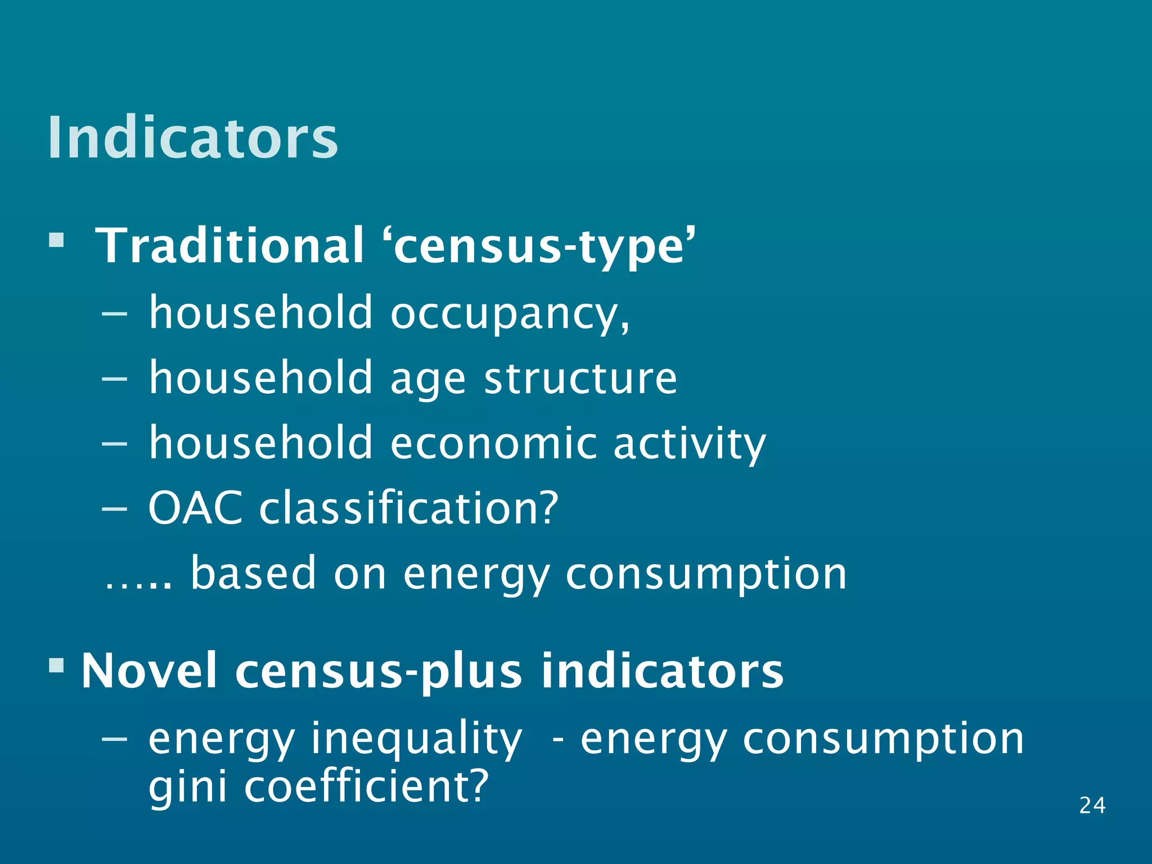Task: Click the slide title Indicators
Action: pos(192,138)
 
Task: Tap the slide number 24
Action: pos(1092,805)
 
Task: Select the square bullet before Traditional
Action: pos(56,241)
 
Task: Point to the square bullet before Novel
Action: pos(56,666)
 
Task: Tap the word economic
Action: pos(493,443)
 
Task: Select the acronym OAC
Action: pos(195,508)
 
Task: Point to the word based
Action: pos(254,573)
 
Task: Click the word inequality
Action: pos(416,740)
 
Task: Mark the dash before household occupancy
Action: pos(115,314)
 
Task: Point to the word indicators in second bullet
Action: pos(662,671)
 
